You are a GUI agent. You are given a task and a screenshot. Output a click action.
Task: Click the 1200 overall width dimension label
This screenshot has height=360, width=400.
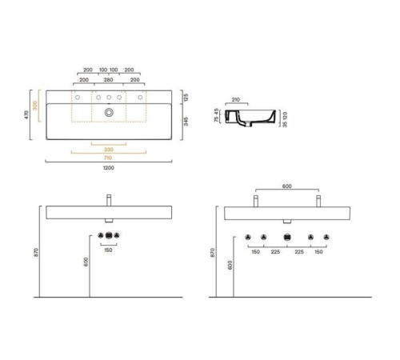[109, 168]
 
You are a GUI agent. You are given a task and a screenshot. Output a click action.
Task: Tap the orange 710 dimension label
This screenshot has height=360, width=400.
[108, 158]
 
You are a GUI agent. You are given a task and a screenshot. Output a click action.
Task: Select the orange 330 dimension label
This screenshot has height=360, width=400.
[109, 150]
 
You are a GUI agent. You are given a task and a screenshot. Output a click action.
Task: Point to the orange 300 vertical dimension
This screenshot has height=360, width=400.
[34, 106]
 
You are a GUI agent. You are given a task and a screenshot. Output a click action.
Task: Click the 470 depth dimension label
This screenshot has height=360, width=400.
[26, 115]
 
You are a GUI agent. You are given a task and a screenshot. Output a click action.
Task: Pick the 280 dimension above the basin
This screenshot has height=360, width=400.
[108, 80]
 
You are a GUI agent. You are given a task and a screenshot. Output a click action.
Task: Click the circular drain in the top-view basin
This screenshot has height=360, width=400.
[109, 113]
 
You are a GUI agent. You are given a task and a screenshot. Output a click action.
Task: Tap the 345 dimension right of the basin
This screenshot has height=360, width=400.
[186, 121]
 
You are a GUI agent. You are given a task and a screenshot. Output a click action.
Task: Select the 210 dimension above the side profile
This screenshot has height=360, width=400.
[236, 99]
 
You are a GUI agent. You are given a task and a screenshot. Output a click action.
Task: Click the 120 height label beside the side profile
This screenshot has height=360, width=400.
[285, 116]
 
